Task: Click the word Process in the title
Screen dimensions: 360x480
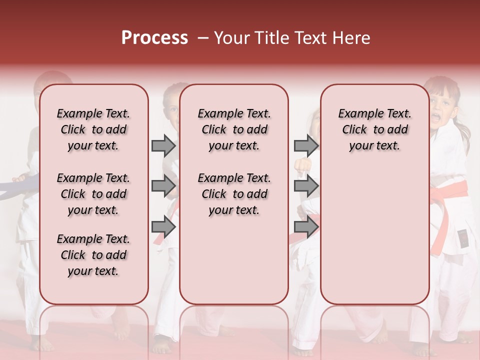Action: point(154,38)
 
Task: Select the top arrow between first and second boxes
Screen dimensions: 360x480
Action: point(163,145)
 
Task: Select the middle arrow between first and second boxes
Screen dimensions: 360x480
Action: point(163,186)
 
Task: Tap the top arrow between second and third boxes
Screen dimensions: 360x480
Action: point(306,145)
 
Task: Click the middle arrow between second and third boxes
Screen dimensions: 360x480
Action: point(306,186)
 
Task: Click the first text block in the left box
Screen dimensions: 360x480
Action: point(93,129)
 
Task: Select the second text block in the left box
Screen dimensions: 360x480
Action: point(93,194)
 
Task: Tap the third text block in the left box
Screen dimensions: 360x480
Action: point(93,255)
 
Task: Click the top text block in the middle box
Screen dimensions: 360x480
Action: point(234,129)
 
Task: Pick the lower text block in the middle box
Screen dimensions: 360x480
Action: point(234,194)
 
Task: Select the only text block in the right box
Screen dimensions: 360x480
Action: point(374,129)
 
